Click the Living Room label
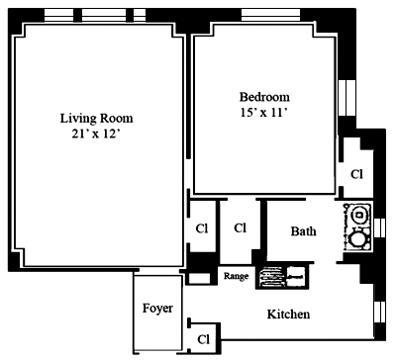(96, 119)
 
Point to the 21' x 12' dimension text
(95, 135)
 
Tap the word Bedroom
(264, 97)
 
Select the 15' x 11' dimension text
(263, 113)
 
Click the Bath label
(303, 231)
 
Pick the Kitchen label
(288, 315)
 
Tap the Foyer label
(157, 309)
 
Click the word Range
(236, 276)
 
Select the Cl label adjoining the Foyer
(204, 339)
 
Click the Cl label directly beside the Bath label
(240, 227)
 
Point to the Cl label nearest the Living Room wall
(202, 228)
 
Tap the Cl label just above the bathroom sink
(356, 174)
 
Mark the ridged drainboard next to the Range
(271, 277)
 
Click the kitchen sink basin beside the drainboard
(296, 277)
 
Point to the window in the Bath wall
(380, 227)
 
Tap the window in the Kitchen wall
(380, 312)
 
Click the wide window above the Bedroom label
(270, 15)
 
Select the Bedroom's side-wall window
(347, 98)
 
